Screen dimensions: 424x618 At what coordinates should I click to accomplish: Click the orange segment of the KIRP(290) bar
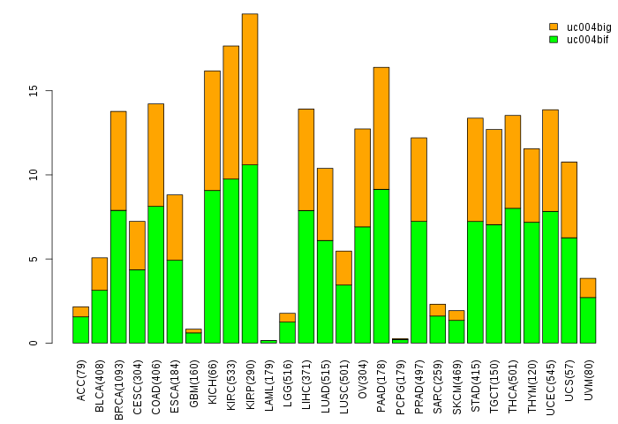[x=250, y=89]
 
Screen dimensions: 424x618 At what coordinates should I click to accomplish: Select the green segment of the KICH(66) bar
[x=212, y=266]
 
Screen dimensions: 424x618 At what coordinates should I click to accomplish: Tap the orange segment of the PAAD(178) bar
[x=381, y=128]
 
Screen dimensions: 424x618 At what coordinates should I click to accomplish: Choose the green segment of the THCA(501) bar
[x=513, y=275]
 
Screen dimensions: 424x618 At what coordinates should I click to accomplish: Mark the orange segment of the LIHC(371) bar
[x=306, y=159]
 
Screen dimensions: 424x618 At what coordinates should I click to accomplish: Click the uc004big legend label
[x=588, y=27]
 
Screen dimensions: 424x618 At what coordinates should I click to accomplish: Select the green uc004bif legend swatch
[x=554, y=40]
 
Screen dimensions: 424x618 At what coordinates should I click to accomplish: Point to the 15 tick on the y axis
[x=51, y=91]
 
